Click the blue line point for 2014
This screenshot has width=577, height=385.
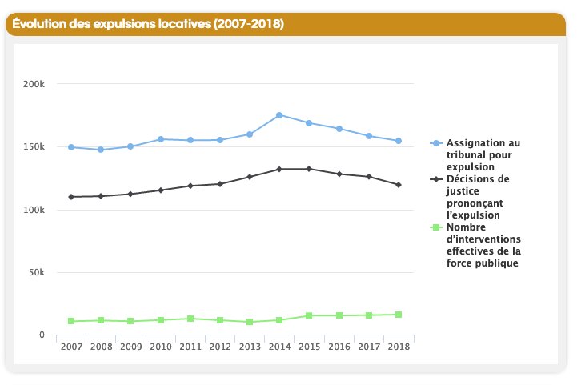(x=279, y=115)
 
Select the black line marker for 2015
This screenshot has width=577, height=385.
(x=309, y=169)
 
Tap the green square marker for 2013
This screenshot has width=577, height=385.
(x=250, y=322)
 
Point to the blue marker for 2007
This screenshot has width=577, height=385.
(x=71, y=147)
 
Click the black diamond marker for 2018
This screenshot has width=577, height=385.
(x=398, y=185)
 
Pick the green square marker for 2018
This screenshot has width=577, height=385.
(x=398, y=315)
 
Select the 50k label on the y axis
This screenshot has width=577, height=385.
(x=35, y=272)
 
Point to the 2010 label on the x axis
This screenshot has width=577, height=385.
(x=160, y=346)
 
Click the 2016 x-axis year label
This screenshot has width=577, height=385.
(x=339, y=346)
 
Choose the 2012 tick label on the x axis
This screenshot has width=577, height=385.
(x=220, y=346)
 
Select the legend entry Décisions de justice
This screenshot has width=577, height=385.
(x=478, y=197)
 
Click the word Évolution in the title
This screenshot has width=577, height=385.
(x=39, y=24)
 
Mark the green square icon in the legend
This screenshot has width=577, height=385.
(x=435, y=227)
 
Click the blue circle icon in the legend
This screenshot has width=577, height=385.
(x=435, y=143)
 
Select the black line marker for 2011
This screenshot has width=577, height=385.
(x=190, y=186)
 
